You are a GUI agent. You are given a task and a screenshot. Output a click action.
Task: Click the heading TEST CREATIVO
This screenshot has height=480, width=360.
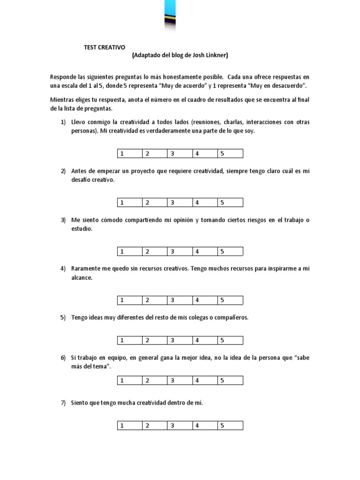[x=105, y=47]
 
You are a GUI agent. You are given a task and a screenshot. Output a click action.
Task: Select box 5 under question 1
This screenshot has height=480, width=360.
[x=230, y=154]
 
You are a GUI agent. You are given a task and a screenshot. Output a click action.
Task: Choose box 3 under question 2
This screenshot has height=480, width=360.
[x=179, y=202]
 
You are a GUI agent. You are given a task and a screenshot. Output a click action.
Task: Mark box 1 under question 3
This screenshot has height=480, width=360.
[x=128, y=251]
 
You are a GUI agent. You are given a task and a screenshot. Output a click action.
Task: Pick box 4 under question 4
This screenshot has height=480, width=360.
[x=204, y=300]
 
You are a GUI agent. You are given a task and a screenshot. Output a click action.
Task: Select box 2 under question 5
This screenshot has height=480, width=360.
[x=154, y=340]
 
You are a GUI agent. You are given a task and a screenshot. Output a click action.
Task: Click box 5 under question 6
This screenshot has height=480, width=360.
[x=230, y=381]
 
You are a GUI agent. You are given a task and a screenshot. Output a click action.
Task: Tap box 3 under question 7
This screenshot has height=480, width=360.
[x=179, y=426]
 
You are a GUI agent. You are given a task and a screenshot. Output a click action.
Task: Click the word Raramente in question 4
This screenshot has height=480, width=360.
[x=85, y=269]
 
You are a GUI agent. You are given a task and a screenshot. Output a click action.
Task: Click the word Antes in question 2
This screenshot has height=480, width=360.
[x=79, y=171]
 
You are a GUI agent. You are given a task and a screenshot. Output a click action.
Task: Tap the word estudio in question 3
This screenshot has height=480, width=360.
[x=82, y=229]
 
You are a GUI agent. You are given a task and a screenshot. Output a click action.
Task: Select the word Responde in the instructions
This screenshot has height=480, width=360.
[x=63, y=76]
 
